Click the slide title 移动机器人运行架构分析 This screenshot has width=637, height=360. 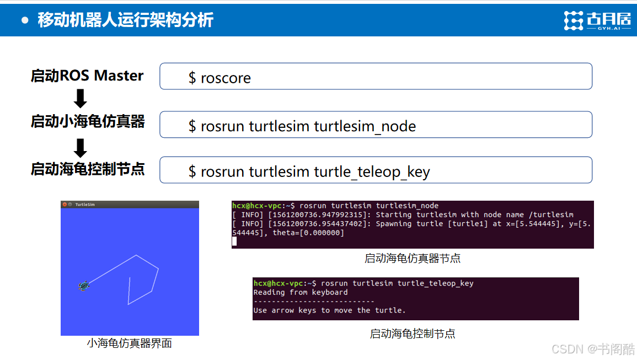(126, 20)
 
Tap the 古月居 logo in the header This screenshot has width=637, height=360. (598, 20)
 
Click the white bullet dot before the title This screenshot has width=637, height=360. (25, 20)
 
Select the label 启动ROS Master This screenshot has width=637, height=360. (87, 76)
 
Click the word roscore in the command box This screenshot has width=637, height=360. (226, 78)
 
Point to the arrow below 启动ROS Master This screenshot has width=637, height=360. (81, 98)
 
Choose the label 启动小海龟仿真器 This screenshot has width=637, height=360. (88, 121)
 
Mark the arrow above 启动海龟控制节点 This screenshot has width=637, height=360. (81, 148)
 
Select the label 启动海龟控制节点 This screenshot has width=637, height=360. (88, 169)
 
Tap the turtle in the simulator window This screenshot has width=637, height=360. (84, 286)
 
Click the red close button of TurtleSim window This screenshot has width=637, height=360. (65, 205)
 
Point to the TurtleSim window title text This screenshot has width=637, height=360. (85, 205)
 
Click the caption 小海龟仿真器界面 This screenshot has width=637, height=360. (129, 343)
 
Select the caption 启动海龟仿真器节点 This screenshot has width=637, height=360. (413, 259)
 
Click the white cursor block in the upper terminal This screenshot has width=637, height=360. (234, 241)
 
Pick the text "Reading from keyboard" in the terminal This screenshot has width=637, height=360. (301, 292)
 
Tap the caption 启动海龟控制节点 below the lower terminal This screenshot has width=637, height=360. (413, 334)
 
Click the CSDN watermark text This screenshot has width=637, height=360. (593, 349)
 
